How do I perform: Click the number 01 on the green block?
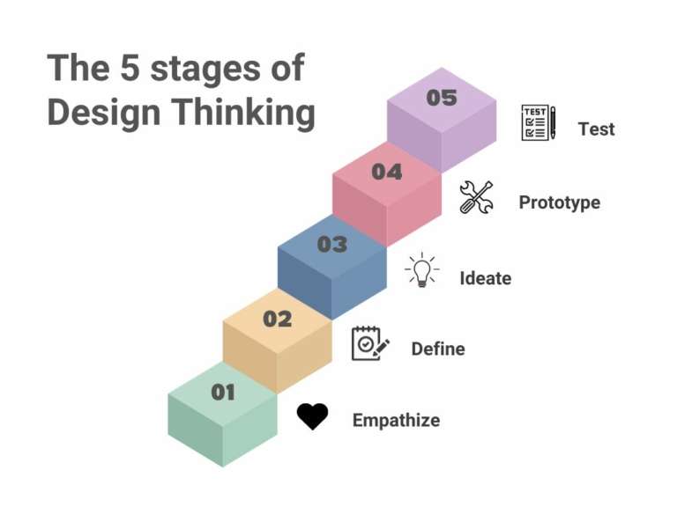[223, 393]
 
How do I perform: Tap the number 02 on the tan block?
[277, 320]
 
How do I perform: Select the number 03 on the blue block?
[332, 245]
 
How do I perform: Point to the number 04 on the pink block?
[387, 172]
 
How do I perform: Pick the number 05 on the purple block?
[442, 98]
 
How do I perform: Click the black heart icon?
[312, 416]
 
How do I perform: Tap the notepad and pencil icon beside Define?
[370, 343]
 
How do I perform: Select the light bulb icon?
[422, 270]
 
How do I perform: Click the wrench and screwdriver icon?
[476, 197]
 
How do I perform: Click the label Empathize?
[396, 421]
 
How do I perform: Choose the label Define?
[438, 349]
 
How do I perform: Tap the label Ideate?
[485, 279]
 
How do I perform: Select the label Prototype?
[559, 202]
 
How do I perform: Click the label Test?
[596, 129]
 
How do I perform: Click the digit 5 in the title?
[130, 69]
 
